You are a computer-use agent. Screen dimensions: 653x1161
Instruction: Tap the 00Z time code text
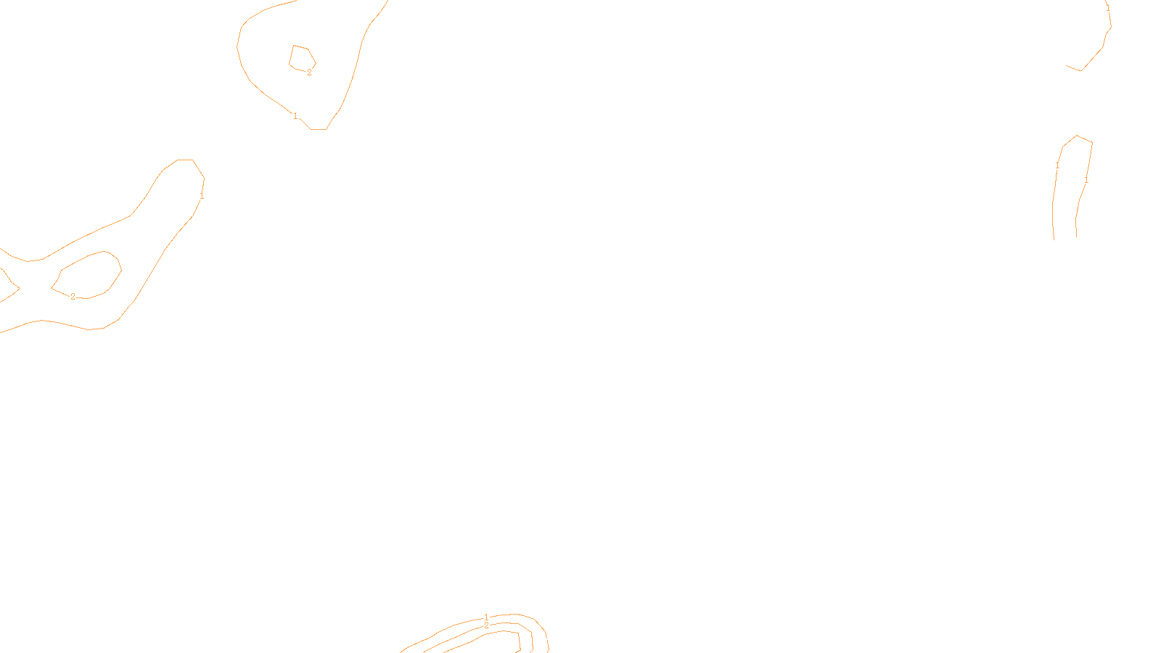[551, 641]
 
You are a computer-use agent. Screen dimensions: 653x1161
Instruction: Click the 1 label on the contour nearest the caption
[486, 617]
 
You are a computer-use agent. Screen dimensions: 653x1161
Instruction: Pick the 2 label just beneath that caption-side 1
[486, 625]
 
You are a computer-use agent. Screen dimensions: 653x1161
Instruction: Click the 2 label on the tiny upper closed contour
[309, 73]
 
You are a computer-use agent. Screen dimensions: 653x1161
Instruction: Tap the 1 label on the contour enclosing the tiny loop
[295, 116]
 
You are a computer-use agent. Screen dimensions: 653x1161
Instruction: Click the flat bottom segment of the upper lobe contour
[319, 129]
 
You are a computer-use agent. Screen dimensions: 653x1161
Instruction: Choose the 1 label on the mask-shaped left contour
[202, 195]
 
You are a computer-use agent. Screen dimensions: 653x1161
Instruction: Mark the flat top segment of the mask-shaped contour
[185, 160]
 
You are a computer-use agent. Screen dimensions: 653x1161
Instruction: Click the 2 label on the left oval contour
[73, 296]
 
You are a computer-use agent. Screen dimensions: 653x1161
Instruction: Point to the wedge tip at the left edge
[18, 288]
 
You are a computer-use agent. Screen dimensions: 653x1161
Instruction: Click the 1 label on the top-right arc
[1108, 8]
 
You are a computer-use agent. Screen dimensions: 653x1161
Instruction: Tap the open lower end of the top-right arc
[1068, 66]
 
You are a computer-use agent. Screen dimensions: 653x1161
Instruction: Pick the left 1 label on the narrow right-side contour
[1057, 166]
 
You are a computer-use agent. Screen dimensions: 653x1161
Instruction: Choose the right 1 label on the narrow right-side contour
[1086, 179]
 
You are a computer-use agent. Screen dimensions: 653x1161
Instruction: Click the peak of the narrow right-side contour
[1077, 136]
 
